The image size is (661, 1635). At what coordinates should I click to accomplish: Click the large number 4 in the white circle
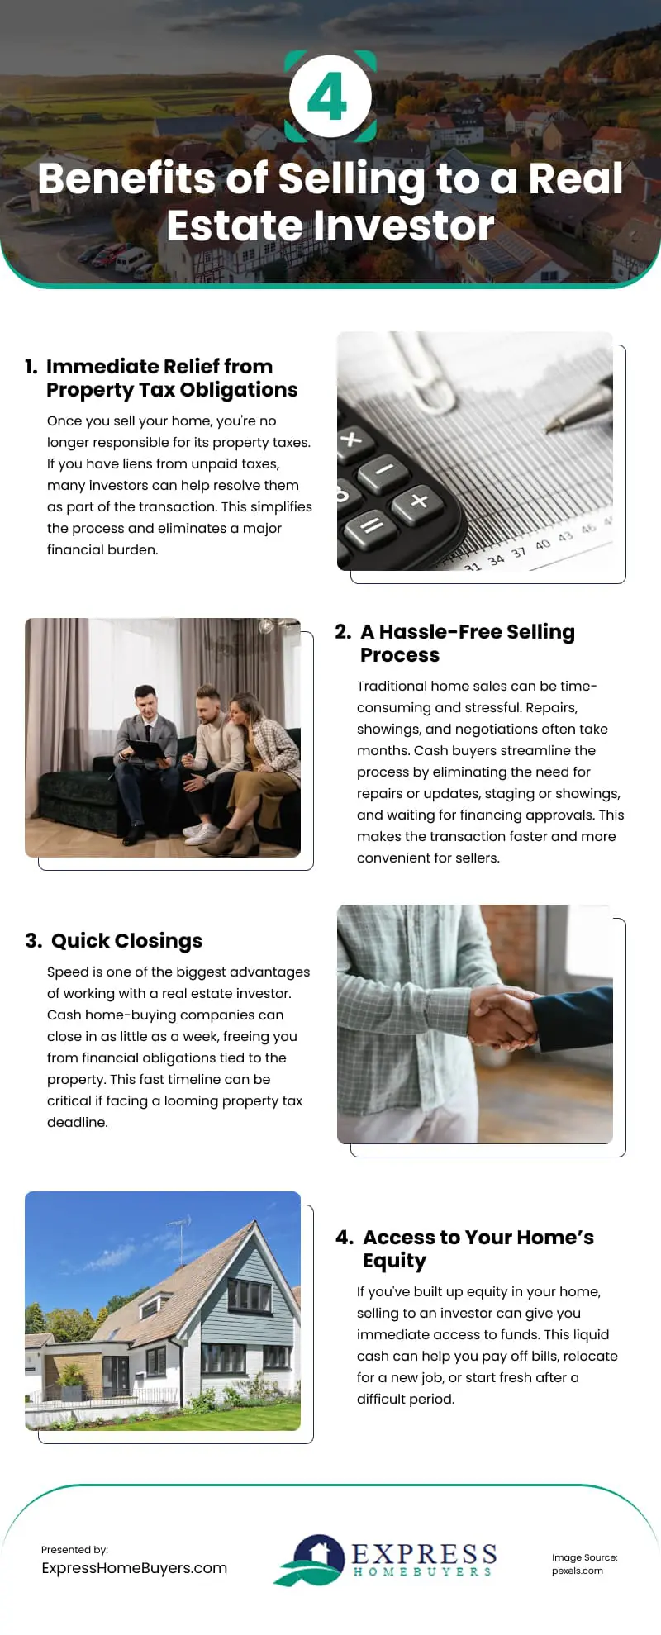click(x=328, y=97)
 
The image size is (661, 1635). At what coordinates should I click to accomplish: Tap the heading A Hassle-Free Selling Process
click(x=467, y=643)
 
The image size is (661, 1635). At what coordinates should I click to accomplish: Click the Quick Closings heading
click(x=126, y=941)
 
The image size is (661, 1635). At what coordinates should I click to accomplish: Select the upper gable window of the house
click(x=249, y=1296)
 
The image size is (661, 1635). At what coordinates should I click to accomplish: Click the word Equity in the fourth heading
click(x=394, y=1261)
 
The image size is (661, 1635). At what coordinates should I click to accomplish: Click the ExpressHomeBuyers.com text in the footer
click(x=134, y=1568)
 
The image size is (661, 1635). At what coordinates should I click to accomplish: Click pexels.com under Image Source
click(x=577, y=1571)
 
